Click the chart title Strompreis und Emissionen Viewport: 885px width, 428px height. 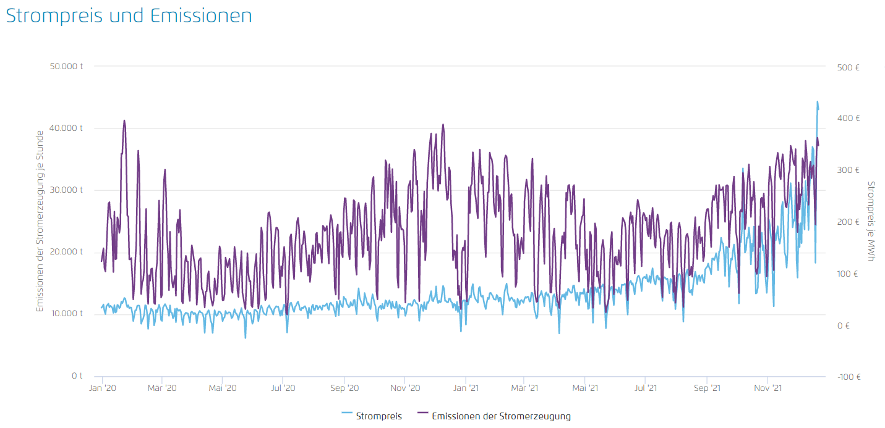click(129, 16)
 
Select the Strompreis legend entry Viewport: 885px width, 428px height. click(371, 416)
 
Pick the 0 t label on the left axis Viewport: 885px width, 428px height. click(77, 376)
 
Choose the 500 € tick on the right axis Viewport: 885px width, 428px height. click(849, 67)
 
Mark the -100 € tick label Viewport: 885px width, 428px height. click(848, 377)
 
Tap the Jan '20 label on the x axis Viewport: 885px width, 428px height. click(103, 388)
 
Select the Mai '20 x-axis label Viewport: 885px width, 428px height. click(223, 388)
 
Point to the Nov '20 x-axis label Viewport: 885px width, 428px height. click(405, 388)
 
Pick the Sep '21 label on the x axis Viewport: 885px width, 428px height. click(706, 388)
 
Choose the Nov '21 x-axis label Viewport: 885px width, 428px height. click(767, 388)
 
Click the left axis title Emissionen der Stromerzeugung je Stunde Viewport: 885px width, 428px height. click(40, 221)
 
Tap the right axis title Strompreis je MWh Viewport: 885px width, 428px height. click(871, 221)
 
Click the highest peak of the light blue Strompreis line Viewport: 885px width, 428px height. click(817, 102)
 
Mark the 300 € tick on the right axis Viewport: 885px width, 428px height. click(849, 170)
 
